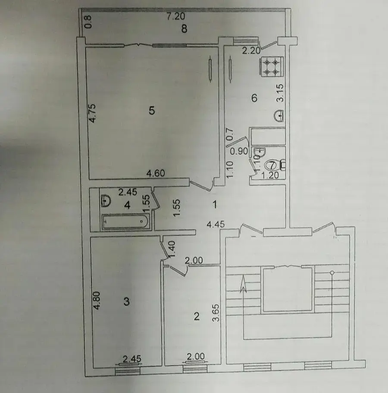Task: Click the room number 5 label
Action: click(x=152, y=110)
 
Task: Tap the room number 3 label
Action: click(x=127, y=301)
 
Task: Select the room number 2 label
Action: click(x=197, y=317)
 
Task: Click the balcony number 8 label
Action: click(x=184, y=29)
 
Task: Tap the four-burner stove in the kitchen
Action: click(x=271, y=66)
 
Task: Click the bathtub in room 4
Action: click(x=125, y=221)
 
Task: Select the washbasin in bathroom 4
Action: click(x=106, y=201)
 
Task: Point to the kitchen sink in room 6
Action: click(x=278, y=116)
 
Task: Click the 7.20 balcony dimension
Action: click(x=176, y=16)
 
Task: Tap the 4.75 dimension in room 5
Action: click(x=92, y=113)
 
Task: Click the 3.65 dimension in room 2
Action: click(x=216, y=313)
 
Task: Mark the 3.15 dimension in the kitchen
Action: click(x=280, y=93)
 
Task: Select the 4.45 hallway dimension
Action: click(x=216, y=225)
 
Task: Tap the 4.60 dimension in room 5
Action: click(x=156, y=173)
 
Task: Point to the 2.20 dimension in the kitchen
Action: click(x=251, y=51)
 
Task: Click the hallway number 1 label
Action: click(x=215, y=205)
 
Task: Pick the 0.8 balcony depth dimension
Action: click(x=88, y=22)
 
